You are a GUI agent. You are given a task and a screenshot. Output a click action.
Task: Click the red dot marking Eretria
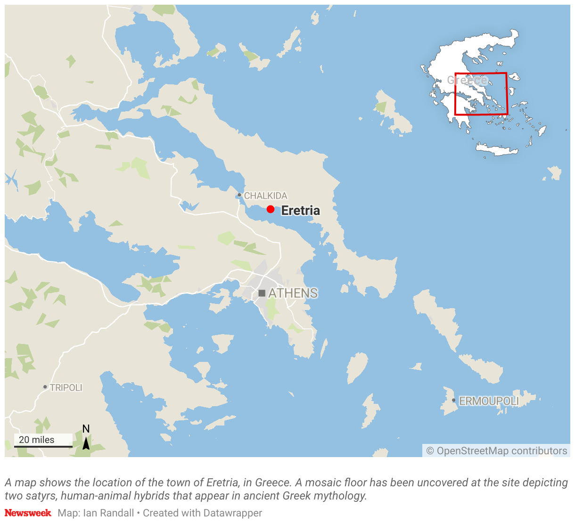pyautogui.click(x=270, y=209)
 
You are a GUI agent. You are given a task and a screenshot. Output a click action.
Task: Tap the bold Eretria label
pyautogui.click(x=300, y=211)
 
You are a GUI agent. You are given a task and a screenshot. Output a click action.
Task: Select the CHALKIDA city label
pyautogui.click(x=265, y=196)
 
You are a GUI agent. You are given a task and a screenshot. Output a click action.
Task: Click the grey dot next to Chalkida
pyautogui.click(x=239, y=195)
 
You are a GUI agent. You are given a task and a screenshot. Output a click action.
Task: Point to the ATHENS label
pyautogui.click(x=293, y=293)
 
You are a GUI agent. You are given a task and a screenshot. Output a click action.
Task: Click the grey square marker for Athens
pyautogui.click(x=262, y=293)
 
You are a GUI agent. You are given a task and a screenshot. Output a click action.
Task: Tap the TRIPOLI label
pyautogui.click(x=66, y=387)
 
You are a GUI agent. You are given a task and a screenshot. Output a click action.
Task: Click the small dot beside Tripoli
pyautogui.click(x=45, y=387)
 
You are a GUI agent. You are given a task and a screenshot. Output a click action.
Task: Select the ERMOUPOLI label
pyautogui.click(x=489, y=401)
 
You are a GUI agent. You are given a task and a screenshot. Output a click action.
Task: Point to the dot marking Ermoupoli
pyautogui.click(x=453, y=401)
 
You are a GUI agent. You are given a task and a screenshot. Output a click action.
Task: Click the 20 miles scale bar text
pyautogui.click(x=37, y=440)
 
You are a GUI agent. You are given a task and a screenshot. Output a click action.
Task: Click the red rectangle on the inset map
pyautogui.click(x=507, y=94)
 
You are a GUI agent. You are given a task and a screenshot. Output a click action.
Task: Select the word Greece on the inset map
pyautogui.click(x=467, y=80)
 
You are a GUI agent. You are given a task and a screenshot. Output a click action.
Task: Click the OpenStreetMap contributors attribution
pyautogui.click(x=497, y=451)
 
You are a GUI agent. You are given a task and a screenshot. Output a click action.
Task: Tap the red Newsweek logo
pyautogui.click(x=28, y=513)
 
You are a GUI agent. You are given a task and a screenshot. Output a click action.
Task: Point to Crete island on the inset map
pyautogui.click(x=496, y=149)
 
